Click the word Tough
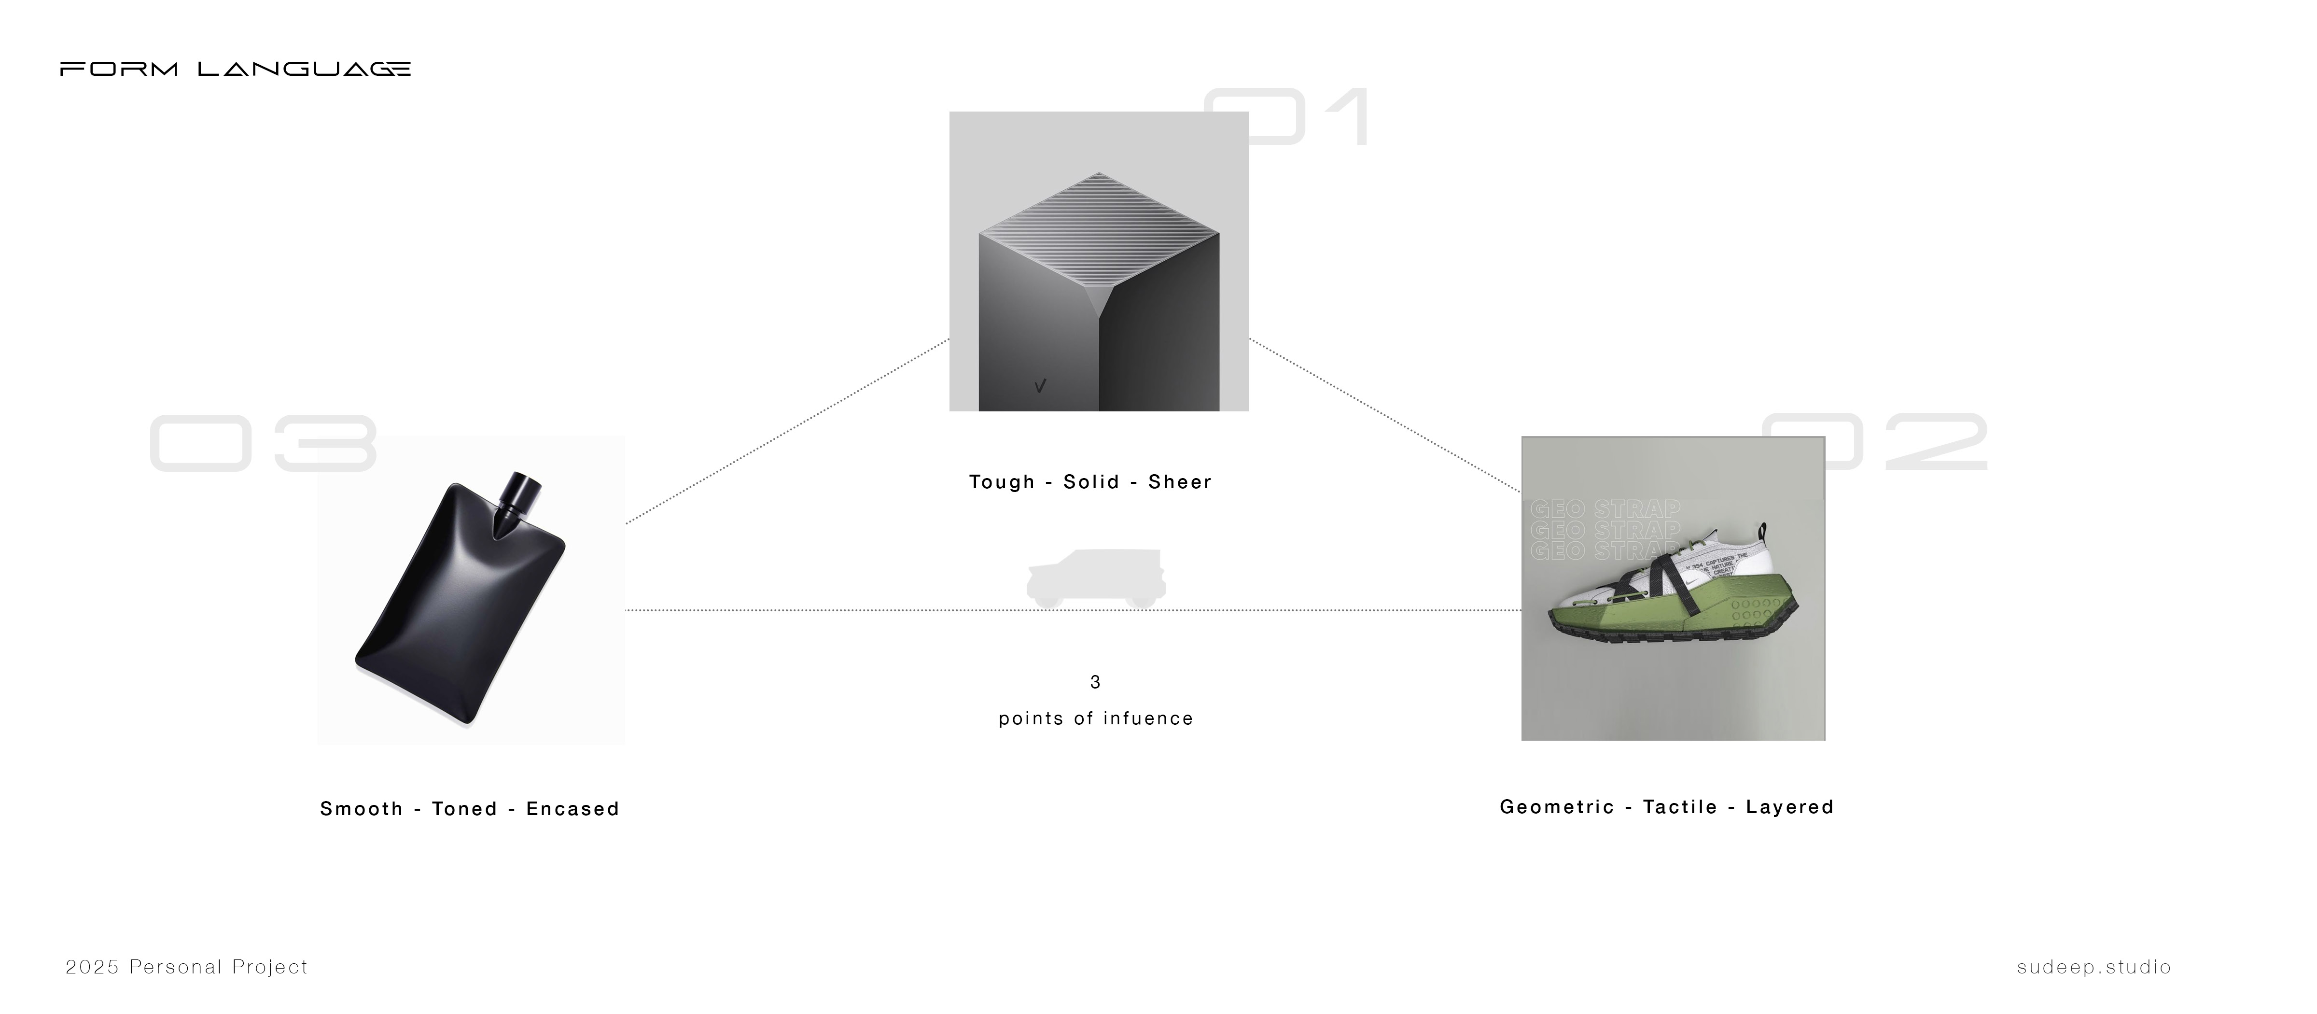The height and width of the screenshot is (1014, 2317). coord(1001,482)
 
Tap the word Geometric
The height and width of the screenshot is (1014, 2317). coord(1556,807)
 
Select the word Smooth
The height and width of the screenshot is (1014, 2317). coord(362,809)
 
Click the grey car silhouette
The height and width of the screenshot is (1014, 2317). coord(1096,578)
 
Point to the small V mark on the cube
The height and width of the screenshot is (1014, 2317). coord(1040,386)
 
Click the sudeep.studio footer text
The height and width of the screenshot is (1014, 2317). coord(2094,967)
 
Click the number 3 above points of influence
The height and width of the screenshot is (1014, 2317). coord(1095,682)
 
